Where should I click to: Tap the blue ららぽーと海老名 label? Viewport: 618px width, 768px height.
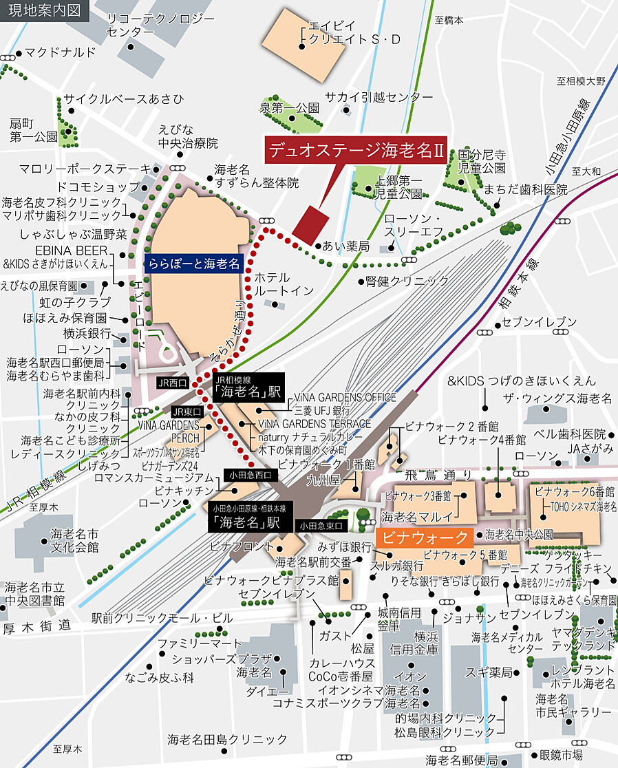click(x=193, y=263)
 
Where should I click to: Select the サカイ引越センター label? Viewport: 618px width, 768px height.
click(x=379, y=97)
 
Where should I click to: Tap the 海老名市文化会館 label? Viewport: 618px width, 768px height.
click(x=74, y=541)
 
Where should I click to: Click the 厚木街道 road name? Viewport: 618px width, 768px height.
click(x=37, y=626)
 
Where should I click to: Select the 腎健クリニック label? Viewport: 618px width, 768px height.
click(x=407, y=281)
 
